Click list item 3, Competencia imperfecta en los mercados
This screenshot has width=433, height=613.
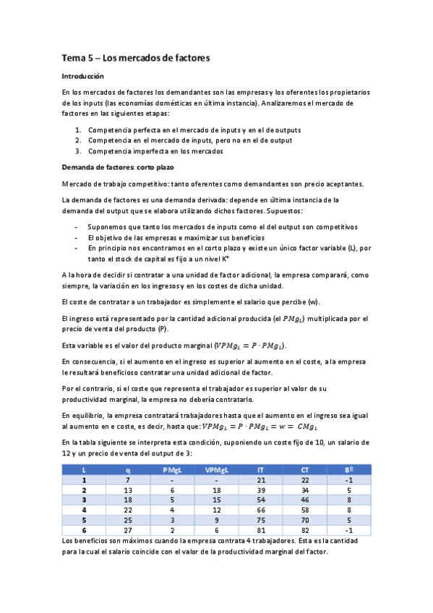[155, 151]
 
